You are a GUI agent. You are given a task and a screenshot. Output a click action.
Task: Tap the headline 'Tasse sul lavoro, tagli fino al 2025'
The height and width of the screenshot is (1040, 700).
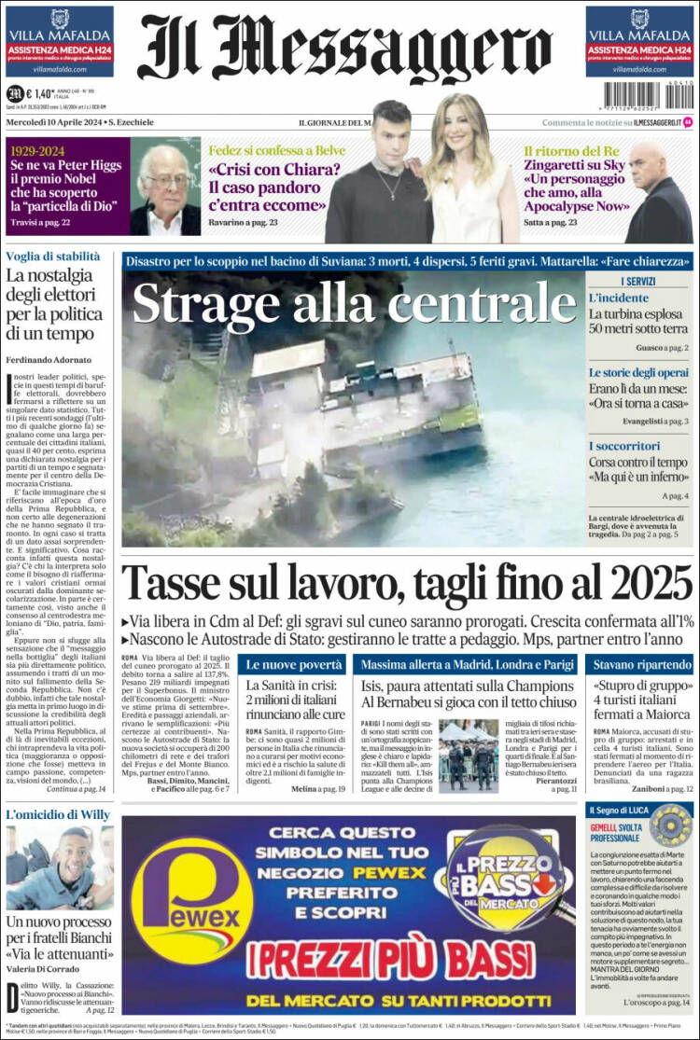point(407,584)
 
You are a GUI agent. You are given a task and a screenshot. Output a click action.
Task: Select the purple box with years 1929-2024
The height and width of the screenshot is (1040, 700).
point(65,186)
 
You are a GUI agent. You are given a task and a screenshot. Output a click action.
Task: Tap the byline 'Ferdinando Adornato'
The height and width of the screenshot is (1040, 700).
point(49,359)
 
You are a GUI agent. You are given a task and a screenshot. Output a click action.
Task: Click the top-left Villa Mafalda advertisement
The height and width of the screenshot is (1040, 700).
point(60,41)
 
